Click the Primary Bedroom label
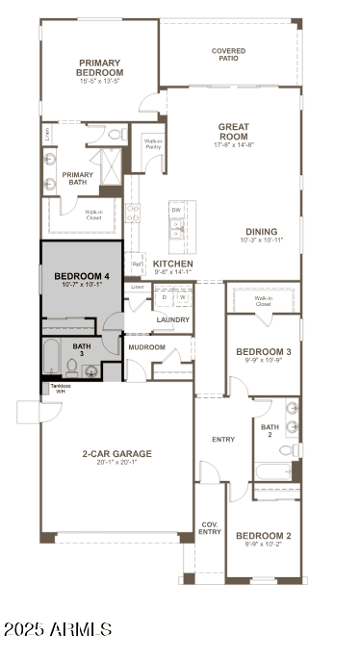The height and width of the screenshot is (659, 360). pos(101,67)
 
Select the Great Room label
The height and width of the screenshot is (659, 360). pos(234,131)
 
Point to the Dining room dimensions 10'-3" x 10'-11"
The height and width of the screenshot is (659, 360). pos(261,240)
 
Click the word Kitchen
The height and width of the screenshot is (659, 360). pos(173,264)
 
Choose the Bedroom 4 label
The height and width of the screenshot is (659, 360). pos(81,276)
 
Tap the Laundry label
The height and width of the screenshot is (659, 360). pos(172,319)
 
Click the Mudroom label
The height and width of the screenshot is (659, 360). pos(147,347)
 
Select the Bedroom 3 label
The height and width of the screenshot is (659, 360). pos(264,352)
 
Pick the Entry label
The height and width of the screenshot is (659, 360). pos(222,440)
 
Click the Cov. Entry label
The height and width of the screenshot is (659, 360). pos(210,528)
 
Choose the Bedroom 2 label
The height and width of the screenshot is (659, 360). pos(264,535)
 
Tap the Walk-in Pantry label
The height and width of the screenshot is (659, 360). pos(152,143)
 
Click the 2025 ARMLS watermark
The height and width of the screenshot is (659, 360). pos(58,629)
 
